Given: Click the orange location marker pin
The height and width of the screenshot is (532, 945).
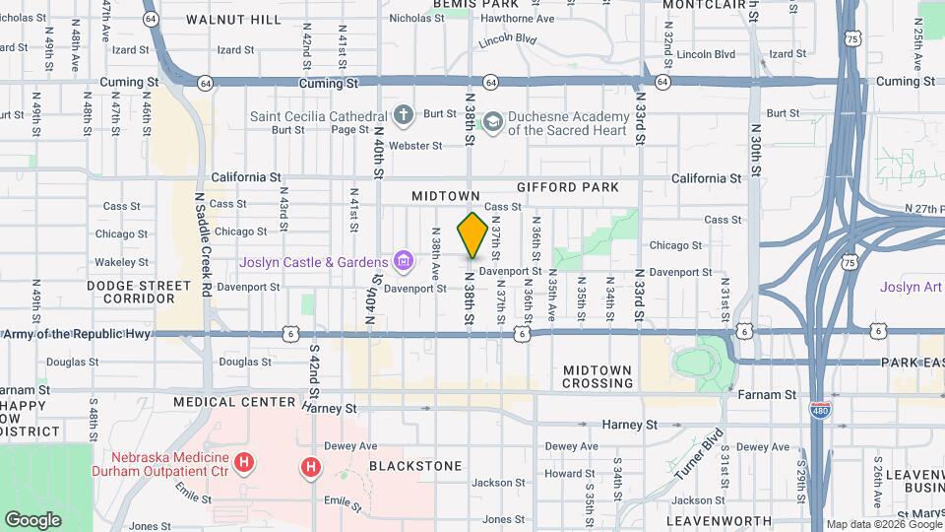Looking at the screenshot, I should [472, 235].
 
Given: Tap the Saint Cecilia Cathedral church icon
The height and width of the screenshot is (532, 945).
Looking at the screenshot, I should [403, 116].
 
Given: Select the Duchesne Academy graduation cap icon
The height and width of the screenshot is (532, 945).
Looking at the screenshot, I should [492, 122].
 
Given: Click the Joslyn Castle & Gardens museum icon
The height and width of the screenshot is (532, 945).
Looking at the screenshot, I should [403, 262].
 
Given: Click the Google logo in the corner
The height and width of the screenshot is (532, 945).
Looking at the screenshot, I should [32, 519].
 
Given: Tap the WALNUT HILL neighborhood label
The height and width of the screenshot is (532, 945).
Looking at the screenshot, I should [233, 19].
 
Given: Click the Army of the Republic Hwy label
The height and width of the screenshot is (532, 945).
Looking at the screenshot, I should [76, 335].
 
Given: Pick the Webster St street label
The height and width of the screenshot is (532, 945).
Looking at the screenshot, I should [415, 146].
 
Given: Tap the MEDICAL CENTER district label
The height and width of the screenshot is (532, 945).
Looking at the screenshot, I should [234, 402].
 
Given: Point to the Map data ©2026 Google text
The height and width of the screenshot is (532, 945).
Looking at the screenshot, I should [883, 524].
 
